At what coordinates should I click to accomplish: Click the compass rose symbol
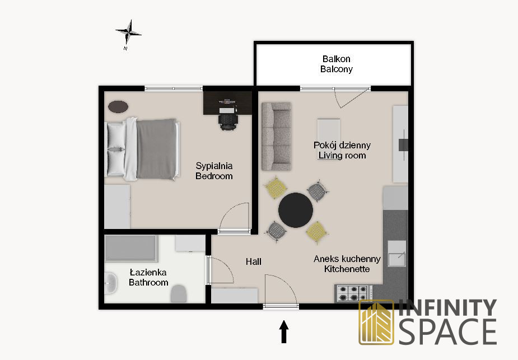(x=129, y=32)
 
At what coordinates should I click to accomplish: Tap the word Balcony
(x=337, y=69)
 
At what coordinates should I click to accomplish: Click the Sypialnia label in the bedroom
(x=214, y=166)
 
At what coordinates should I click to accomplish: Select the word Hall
(x=253, y=261)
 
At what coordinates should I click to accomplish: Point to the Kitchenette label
(x=347, y=269)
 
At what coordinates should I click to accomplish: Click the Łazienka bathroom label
(x=148, y=273)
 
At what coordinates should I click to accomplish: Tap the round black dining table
(x=295, y=210)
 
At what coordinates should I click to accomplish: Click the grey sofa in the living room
(x=277, y=137)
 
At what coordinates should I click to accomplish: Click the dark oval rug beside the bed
(x=118, y=107)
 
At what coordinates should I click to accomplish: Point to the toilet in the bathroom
(x=179, y=293)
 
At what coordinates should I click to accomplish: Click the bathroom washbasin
(x=110, y=283)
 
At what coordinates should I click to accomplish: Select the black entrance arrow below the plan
(x=284, y=331)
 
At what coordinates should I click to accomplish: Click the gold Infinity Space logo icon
(x=376, y=322)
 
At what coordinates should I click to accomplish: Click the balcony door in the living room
(x=351, y=97)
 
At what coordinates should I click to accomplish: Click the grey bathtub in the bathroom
(x=131, y=248)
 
